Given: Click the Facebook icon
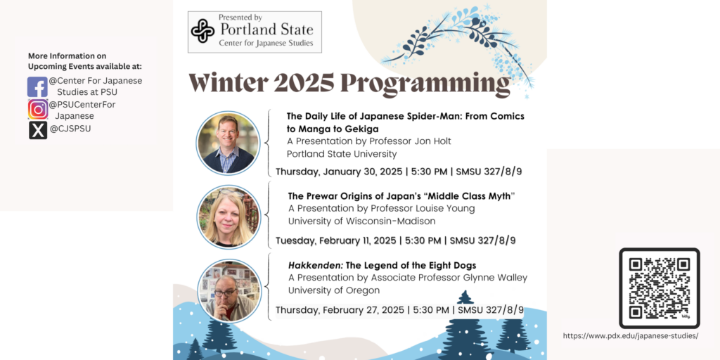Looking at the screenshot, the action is [x=37, y=86].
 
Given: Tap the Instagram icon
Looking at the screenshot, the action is [x=38, y=110].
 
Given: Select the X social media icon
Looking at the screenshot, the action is [x=38, y=130].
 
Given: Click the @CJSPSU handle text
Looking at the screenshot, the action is [x=70, y=129].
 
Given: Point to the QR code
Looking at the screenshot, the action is [x=660, y=288].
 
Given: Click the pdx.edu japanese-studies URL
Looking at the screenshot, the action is [x=631, y=336].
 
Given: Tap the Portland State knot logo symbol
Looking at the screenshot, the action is [x=202, y=31].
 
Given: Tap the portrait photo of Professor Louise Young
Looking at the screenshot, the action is [x=229, y=217].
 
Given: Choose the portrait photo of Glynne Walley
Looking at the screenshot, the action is [x=229, y=290].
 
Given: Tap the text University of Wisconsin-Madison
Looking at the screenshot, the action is [x=361, y=221].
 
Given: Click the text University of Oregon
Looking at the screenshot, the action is [x=334, y=290].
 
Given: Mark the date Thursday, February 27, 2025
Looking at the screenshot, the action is [x=340, y=309].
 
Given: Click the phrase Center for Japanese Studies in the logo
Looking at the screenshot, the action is [x=266, y=43].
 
